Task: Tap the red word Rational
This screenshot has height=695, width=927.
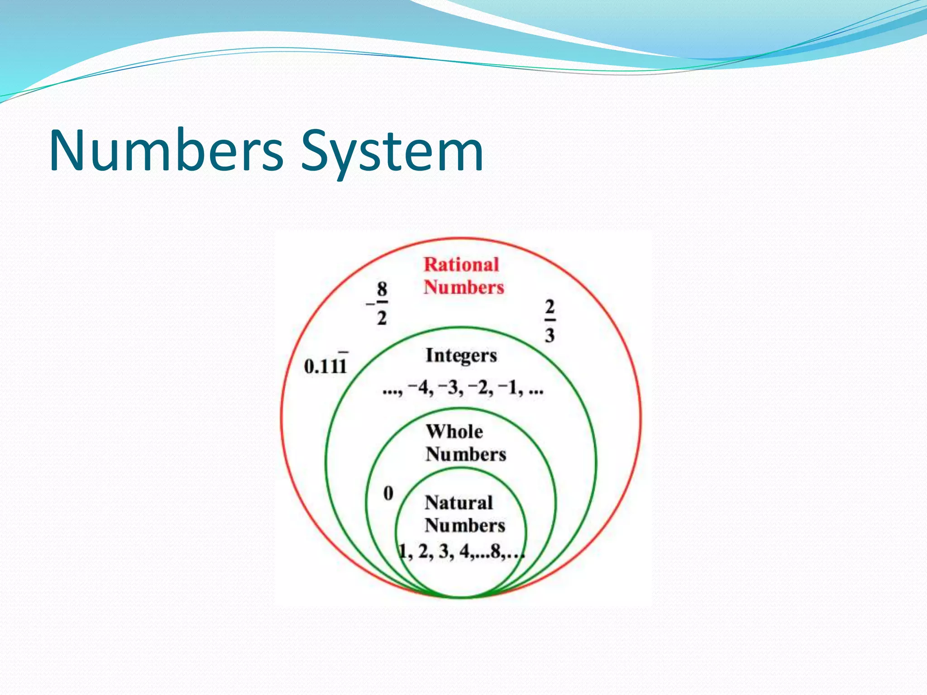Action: coord(461,265)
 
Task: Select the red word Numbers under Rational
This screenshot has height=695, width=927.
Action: coord(464,288)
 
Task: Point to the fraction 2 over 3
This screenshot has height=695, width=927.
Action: coord(550,321)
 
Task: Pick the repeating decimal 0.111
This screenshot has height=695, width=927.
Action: coord(325,366)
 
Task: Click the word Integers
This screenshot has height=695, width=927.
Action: coord(461,356)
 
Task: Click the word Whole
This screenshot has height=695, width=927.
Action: coord(454,432)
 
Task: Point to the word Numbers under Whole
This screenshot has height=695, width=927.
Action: coord(466,454)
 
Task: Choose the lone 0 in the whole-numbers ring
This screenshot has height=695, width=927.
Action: coord(388,493)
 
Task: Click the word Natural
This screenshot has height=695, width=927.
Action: coord(459,503)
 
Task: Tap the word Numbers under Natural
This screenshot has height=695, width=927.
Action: coord(465,526)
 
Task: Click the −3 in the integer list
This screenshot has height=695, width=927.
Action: coord(449,388)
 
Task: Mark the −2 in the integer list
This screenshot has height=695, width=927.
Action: coord(479,388)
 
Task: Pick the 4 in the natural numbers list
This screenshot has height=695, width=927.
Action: coord(464,552)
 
